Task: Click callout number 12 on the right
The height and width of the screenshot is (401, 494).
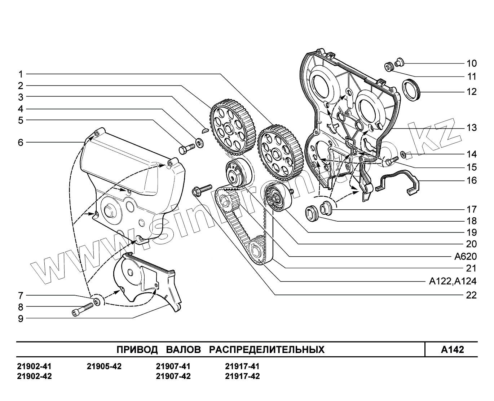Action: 471,92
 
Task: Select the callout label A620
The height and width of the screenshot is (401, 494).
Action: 465,257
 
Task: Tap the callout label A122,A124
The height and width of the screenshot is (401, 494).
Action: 453,282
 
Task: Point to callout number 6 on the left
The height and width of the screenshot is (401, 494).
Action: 21,143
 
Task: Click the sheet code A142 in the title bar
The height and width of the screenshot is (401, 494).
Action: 453,349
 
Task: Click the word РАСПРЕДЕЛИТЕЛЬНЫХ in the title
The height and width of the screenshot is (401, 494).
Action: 267,349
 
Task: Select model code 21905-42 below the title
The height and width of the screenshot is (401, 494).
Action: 104,367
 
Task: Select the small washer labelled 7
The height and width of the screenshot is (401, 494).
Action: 97,301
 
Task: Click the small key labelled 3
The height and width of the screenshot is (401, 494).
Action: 204,130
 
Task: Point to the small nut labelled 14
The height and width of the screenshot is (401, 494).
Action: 403,155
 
